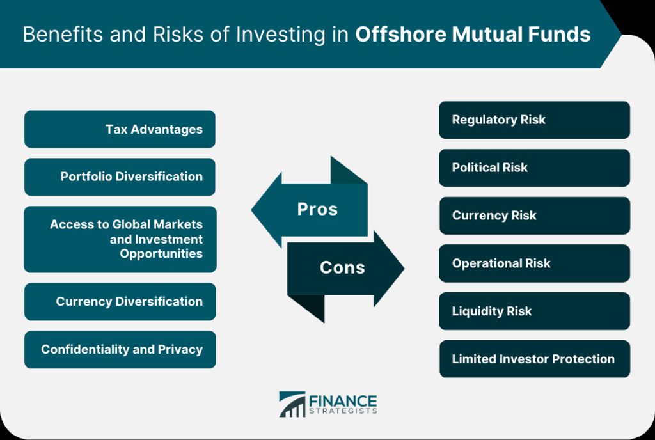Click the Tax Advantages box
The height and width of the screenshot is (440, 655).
(x=120, y=129)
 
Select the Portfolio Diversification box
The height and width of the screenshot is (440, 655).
(x=120, y=177)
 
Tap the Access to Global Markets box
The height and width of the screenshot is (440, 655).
(x=120, y=239)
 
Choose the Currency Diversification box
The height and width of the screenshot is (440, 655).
(x=120, y=302)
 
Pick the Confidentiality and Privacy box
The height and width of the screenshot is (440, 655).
(x=120, y=350)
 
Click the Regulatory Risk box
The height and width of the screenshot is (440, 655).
(x=534, y=120)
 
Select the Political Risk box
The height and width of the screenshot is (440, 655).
(x=534, y=168)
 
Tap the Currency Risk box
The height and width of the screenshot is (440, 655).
(x=535, y=216)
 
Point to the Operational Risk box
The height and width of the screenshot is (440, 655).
(x=534, y=263)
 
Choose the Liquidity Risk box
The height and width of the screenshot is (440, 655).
(x=534, y=311)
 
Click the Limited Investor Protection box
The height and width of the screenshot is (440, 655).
(x=535, y=359)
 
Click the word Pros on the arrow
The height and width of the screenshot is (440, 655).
(x=317, y=209)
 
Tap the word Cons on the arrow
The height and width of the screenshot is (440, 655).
(x=343, y=267)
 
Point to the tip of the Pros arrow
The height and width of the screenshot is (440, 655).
(x=251, y=210)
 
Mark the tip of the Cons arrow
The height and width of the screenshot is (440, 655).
(x=404, y=269)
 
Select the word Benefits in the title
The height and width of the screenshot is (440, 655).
(x=63, y=35)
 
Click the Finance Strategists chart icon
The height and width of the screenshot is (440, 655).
(x=292, y=404)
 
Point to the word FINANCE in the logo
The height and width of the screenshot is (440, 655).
(x=343, y=401)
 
